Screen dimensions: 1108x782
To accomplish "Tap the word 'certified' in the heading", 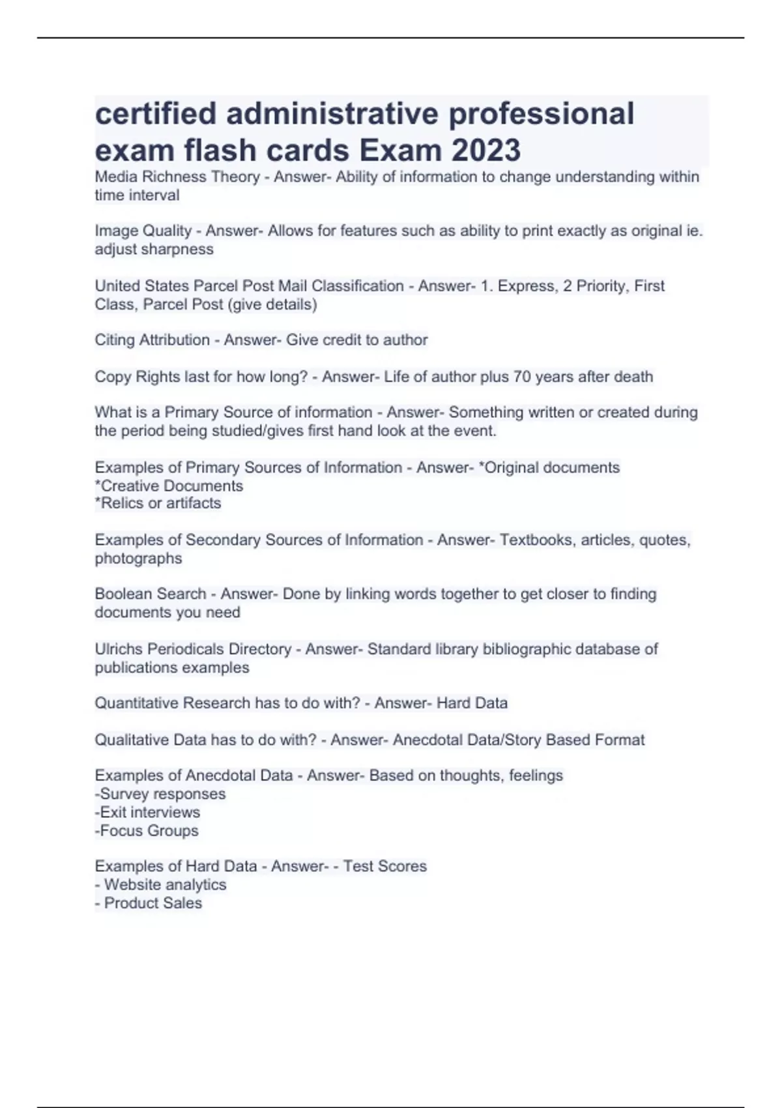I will (x=156, y=113).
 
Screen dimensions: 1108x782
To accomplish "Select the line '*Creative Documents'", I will (x=169, y=486).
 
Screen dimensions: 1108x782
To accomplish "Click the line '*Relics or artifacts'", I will (x=158, y=503).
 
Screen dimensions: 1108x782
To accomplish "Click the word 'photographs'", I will (x=138, y=559).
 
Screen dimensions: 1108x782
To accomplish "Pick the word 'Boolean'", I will (x=122, y=594).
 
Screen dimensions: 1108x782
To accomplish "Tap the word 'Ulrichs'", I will (x=119, y=649).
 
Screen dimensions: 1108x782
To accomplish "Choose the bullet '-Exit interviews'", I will (x=147, y=813).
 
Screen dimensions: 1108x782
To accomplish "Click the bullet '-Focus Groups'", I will (x=147, y=831).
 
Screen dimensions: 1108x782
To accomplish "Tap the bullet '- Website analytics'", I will (x=160, y=885).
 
